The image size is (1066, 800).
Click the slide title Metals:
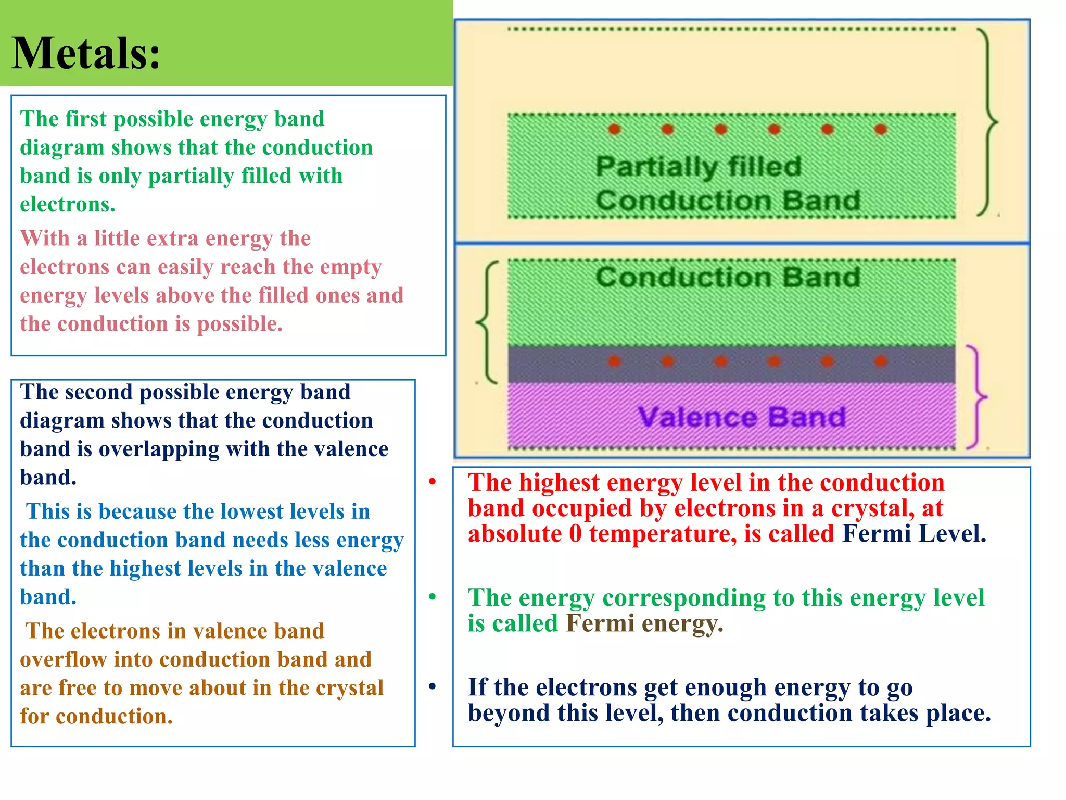click(x=86, y=53)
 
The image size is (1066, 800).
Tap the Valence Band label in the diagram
click(x=742, y=417)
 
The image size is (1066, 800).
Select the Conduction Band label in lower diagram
click(x=727, y=277)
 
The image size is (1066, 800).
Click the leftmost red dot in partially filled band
click(x=615, y=129)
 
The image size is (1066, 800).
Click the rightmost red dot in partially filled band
click(x=881, y=129)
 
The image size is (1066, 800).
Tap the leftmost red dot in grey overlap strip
click(x=615, y=361)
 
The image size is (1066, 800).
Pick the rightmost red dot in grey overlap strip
click(x=881, y=361)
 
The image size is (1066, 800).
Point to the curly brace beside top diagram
click(x=987, y=122)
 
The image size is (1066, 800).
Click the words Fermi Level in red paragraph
click(x=913, y=534)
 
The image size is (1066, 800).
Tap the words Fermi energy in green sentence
click(x=644, y=623)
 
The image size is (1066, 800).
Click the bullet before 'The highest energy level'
click(x=432, y=482)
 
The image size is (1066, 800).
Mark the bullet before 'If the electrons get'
click(x=432, y=686)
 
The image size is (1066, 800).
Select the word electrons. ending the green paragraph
click(x=68, y=204)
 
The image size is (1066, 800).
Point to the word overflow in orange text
click(x=64, y=659)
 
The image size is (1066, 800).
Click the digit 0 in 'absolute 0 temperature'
click(x=575, y=534)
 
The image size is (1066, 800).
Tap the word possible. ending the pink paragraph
click(x=240, y=324)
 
